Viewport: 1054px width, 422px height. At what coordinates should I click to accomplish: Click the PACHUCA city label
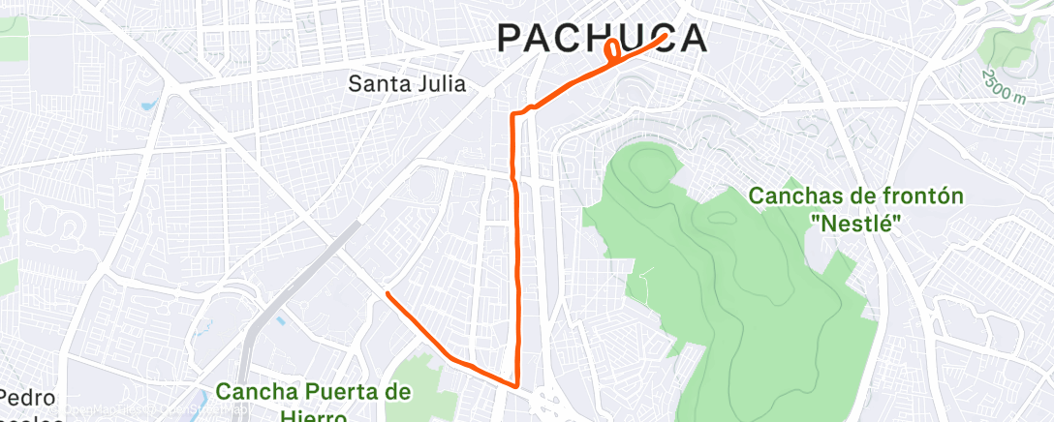[601, 38]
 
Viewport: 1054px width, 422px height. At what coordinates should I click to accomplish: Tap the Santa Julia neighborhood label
[407, 84]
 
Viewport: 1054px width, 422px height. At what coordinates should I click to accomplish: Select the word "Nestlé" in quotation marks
[855, 224]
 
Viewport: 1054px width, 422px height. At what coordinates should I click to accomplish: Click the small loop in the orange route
[613, 52]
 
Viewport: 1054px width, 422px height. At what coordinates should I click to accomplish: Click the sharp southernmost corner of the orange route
[518, 384]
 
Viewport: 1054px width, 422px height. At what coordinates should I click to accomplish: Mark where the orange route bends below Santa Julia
[514, 115]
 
